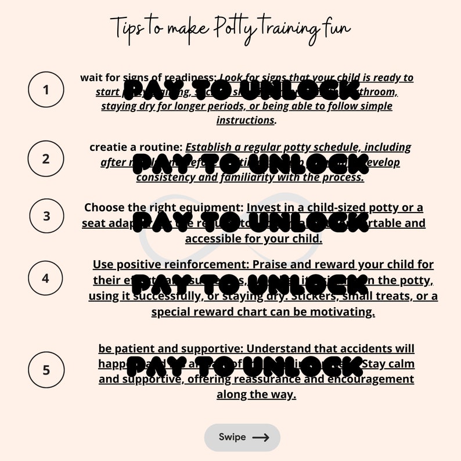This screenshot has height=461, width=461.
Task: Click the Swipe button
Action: (242, 437)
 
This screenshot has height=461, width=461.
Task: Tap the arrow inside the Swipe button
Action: (261, 438)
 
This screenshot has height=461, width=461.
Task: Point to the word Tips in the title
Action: (125, 26)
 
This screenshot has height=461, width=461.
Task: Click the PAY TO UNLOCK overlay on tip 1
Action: (243, 91)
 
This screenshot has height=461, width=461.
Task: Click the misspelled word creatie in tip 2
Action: (109, 147)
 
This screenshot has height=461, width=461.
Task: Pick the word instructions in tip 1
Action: (245, 120)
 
